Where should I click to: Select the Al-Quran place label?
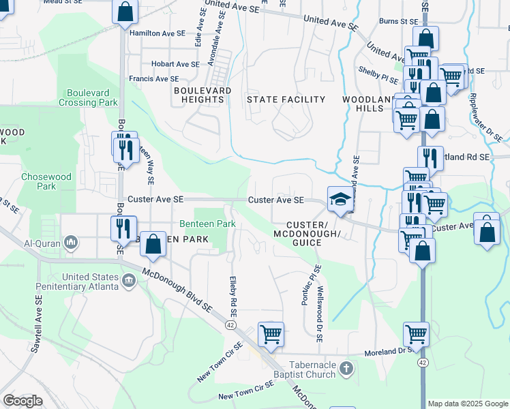[37, 243]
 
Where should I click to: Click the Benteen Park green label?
[207, 224]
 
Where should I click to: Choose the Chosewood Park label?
[46, 181]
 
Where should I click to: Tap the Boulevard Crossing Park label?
[92, 97]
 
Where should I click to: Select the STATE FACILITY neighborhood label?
[286, 100]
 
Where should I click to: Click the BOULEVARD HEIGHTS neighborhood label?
[202, 95]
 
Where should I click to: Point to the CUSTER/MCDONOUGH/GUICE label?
[312, 234]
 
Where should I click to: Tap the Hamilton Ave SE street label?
[157, 33]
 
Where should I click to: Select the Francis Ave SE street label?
[157, 79]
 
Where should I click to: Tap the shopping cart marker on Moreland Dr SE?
[415, 334]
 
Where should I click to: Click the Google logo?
[23, 401]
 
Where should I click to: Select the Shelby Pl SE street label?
[378, 70]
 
